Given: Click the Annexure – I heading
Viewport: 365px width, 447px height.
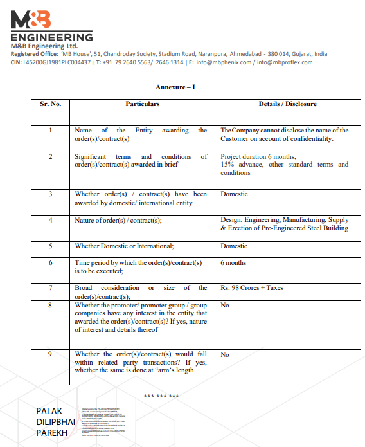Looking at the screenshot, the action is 175,87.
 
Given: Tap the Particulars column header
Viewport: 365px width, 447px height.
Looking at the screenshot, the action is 143,104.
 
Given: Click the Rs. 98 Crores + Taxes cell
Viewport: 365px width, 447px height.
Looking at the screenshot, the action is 251,288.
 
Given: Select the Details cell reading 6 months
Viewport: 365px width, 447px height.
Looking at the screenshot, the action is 233,263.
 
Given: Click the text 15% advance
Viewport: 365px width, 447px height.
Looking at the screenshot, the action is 240,165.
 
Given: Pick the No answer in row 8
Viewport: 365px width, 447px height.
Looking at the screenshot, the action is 225,306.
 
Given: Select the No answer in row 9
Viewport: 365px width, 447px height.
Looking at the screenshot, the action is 225,354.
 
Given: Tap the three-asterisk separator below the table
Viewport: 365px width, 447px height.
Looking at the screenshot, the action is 161,396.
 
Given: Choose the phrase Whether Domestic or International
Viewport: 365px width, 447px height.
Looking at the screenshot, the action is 124,246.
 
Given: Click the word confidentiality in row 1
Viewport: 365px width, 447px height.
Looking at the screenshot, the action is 311,138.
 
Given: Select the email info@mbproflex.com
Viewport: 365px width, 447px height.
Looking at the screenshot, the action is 285,62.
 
